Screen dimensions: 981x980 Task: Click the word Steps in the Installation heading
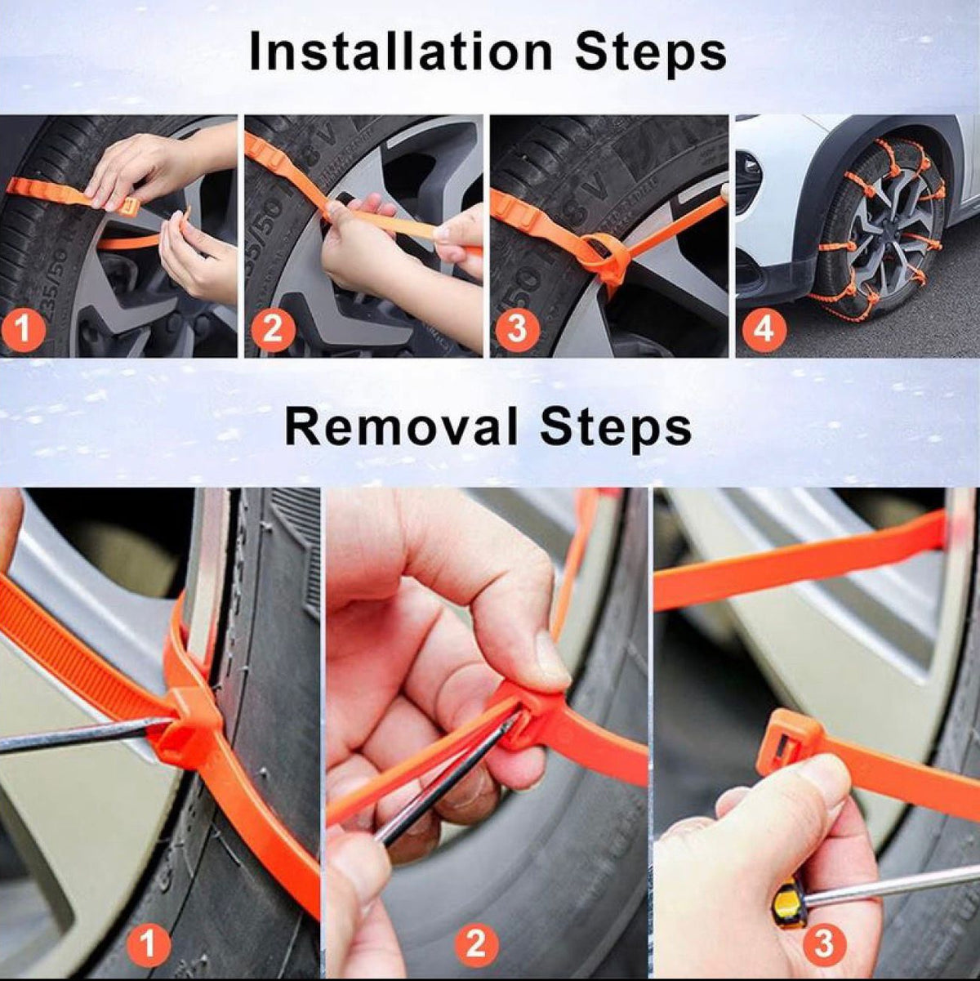tap(651, 52)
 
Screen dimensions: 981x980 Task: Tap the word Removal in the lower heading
tap(402, 426)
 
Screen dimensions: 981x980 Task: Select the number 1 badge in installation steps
tap(24, 330)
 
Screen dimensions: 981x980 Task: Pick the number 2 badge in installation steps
tap(272, 330)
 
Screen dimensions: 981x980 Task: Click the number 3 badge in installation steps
tap(517, 330)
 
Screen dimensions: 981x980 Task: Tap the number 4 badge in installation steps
tap(763, 330)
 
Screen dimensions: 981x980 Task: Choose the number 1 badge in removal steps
tap(148, 945)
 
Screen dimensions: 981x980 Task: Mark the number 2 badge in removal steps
tap(476, 945)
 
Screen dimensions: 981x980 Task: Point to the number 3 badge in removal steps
tap(823, 943)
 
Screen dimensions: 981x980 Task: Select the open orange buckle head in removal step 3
tap(787, 740)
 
